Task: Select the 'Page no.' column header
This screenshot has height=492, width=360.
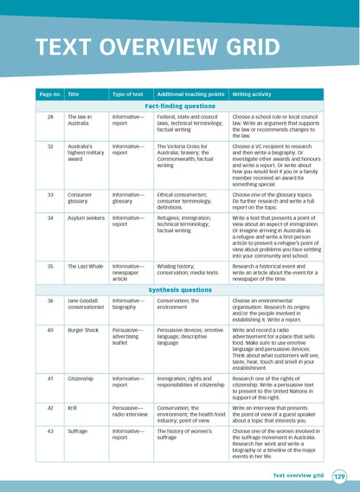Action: (49, 94)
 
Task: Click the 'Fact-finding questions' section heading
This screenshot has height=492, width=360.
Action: (179, 105)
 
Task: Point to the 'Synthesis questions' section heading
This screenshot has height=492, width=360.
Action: (179, 289)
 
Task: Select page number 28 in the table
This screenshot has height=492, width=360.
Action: (50, 115)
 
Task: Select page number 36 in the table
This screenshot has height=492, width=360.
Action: (50, 301)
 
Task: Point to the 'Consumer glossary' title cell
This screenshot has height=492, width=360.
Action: (83, 198)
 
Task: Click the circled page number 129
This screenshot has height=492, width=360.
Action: (339, 476)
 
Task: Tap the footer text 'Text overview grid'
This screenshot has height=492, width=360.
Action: (298, 476)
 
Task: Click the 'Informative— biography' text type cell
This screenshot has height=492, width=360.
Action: (129, 304)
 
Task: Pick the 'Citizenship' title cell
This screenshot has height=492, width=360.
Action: (83, 378)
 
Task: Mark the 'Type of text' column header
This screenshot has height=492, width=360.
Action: (128, 94)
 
